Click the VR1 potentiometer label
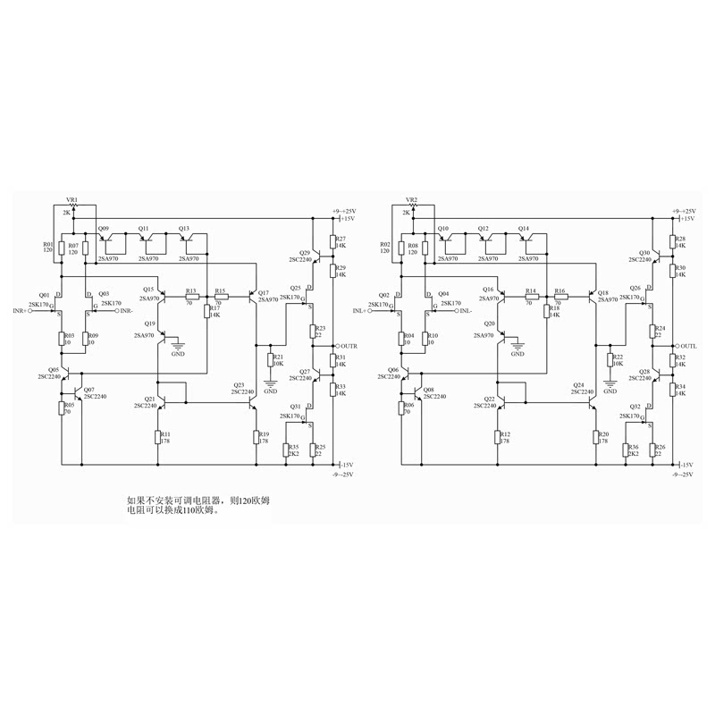(72, 199)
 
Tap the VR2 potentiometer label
(412, 199)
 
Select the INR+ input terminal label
(21, 310)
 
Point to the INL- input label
(468, 310)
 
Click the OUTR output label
(348, 346)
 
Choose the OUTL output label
(688, 346)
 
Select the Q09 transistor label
(104, 229)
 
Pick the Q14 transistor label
(525, 229)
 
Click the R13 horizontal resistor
(191, 297)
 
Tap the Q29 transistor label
(304, 253)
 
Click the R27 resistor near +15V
(332, 241)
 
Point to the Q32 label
(635, 406)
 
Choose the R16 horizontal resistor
(560, 297)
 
